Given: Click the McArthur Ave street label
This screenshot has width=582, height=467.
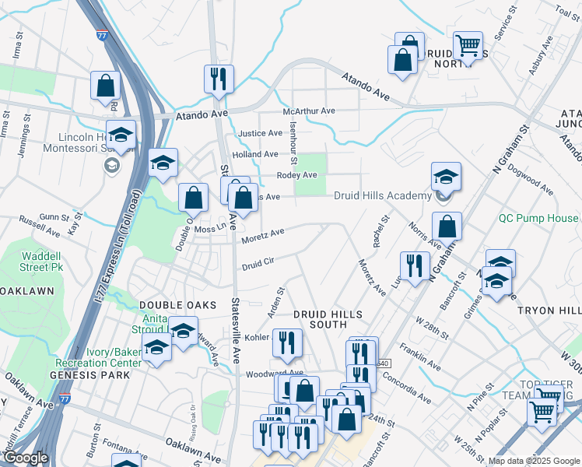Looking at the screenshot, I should tap(309, 111).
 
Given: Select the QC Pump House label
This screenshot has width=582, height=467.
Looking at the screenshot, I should tap(539, 219).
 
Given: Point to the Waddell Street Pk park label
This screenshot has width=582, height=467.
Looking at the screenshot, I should tap(40, 261).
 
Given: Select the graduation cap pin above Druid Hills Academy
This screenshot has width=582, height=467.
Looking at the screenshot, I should tap(446, 176).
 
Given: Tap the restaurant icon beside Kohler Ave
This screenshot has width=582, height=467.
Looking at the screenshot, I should tap(287, 342).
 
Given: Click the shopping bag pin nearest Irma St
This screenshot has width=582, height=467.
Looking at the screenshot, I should tap(105, 86).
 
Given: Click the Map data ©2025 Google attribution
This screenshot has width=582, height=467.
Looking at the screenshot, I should tap(533, 461).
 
